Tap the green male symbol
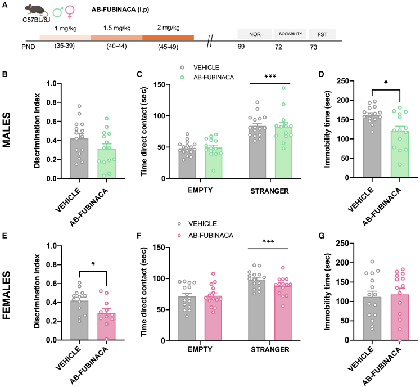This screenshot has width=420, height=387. point(58,11)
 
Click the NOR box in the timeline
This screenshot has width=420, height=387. point(254,34)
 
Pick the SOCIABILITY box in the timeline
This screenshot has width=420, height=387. point(291,34)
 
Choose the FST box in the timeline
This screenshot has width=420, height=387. point(322,34)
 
